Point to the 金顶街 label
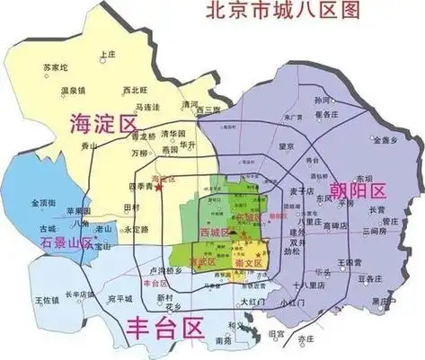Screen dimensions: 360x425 point(44,202)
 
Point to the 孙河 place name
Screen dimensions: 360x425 point(322,99)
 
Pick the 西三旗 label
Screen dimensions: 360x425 point(209,110)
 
